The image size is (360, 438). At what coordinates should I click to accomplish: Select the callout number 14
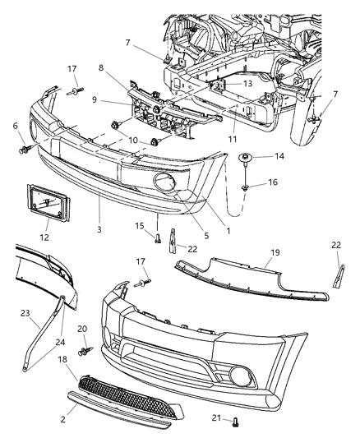(x=279, y=156)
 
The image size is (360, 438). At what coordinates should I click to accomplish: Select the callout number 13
(x=247, y=83)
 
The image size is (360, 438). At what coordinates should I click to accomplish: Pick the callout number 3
(x=99, y=229)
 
